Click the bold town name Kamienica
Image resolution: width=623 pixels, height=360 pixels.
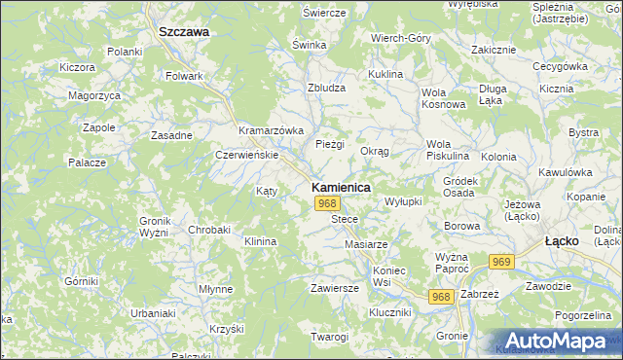340,187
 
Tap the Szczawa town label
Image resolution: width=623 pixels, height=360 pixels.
184,31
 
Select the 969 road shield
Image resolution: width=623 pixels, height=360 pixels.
502,262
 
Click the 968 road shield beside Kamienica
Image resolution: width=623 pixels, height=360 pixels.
328,203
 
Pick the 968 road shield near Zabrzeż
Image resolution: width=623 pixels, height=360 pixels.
442,297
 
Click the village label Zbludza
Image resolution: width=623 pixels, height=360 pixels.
327,87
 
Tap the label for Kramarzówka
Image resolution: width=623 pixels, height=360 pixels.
272,130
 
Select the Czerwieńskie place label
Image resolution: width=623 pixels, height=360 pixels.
247,155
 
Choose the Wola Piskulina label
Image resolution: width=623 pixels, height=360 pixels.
448,150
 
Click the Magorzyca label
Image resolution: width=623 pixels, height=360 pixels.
94,95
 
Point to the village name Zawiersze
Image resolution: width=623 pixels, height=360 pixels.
335,288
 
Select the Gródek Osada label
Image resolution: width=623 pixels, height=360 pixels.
459,187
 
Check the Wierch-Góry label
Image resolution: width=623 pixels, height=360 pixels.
400,38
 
